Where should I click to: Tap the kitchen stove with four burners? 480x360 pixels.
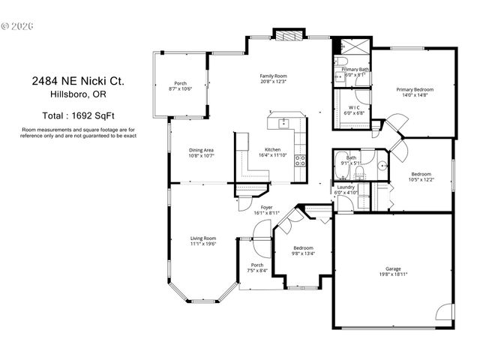coord(300,158)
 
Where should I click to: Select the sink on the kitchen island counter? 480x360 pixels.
coord(284,123)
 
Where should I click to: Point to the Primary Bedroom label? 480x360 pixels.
coord(415,89)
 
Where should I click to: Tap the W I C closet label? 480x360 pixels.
coord(352,107)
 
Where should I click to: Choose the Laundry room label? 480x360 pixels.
coord(346,187)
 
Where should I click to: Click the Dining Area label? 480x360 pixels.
coord(201,150)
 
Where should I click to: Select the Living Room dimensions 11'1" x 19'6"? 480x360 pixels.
coord(202,244)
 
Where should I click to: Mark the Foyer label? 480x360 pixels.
coord(265,207)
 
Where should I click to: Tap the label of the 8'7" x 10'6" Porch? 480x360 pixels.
coord(180,83)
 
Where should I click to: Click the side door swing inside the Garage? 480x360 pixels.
coord(446,312)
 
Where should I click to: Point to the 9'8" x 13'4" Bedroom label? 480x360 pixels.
coord(303,248)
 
